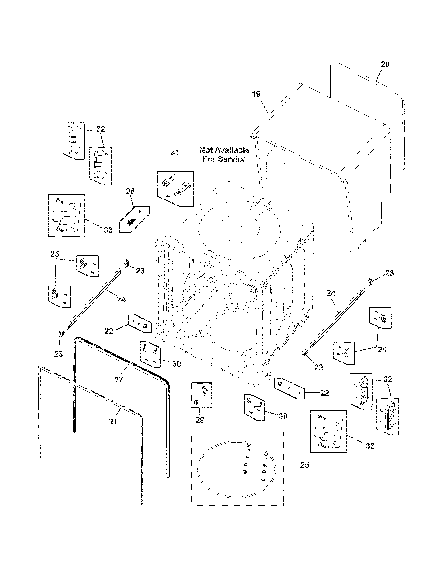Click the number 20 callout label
coord(385,64)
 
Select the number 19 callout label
coord(256,94)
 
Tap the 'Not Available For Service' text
coord(224,154)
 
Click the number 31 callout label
coord(174,152)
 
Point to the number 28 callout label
coord(131,191)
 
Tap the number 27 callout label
coord(119,380)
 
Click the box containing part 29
coord(201,399)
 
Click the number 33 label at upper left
coord(108,230)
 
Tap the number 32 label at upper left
coord(101,129)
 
